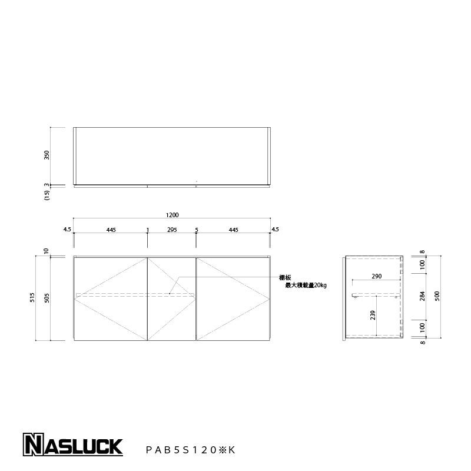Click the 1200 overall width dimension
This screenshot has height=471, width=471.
172,215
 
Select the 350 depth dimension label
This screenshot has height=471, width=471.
47,155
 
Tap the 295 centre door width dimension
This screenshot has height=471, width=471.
172,230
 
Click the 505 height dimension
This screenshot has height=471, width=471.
47,298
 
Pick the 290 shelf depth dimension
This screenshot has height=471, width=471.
377,276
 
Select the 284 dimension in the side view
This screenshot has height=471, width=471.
423,296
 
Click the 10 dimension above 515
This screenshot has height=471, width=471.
47,251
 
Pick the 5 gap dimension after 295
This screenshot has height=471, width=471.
197,230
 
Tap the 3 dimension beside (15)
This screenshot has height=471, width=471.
47,185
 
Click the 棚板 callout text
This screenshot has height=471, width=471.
285,278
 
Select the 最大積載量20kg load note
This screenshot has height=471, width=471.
305,285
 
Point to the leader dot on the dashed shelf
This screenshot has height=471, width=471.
170,293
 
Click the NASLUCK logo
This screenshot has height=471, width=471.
72,445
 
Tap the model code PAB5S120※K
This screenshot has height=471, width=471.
190,450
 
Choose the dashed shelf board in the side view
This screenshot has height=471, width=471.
376,294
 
